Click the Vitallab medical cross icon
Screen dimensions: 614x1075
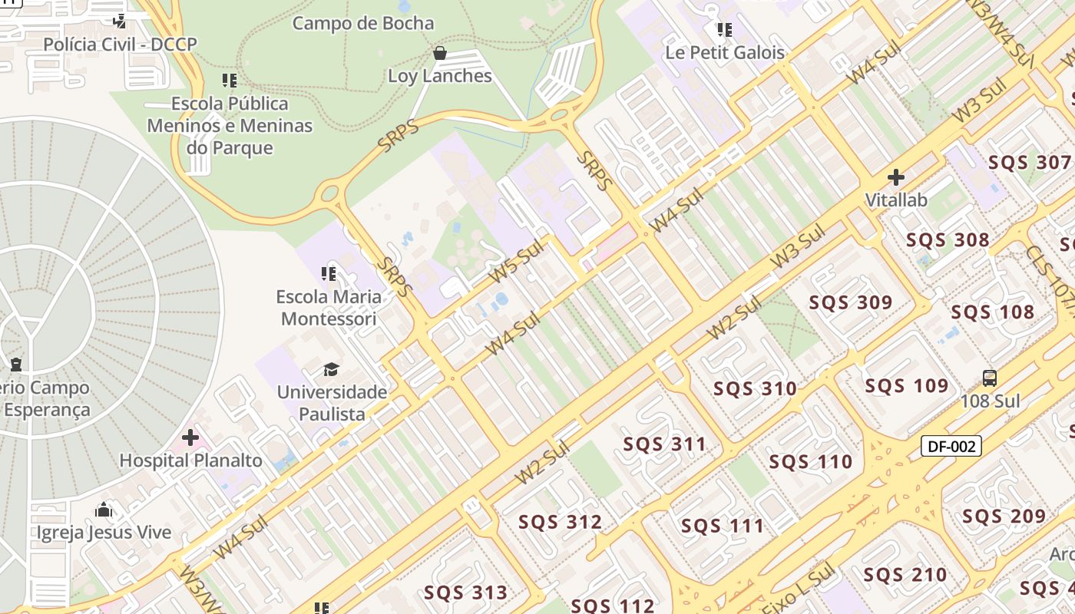pos(895,177)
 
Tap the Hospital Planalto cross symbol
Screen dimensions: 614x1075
pos(190,437)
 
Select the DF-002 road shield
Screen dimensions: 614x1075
pos(951,446)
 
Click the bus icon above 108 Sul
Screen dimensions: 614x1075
pos(990,378)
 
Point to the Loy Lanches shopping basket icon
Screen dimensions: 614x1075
pos(440,53)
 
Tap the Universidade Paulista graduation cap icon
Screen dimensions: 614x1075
pos(331,369)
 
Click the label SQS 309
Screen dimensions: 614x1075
pos(850,302)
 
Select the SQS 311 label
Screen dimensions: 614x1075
pos(664,444)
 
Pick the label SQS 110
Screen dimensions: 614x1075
pos(810,462)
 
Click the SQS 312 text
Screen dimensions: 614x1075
pos(560,523)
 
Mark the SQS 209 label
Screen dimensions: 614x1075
pos(1004,517)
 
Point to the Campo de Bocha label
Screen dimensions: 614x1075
pos(363,23)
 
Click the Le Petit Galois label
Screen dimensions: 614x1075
pos(725,52)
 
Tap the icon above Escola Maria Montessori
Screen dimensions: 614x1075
pos(329,273)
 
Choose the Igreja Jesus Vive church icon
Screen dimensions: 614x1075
pos(104,510)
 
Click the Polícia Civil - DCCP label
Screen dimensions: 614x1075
pos(120,45)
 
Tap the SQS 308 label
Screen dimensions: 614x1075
pos(948,240)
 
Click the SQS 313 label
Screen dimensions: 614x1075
pos(465,593)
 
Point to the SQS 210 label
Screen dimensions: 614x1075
pos(905,575)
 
